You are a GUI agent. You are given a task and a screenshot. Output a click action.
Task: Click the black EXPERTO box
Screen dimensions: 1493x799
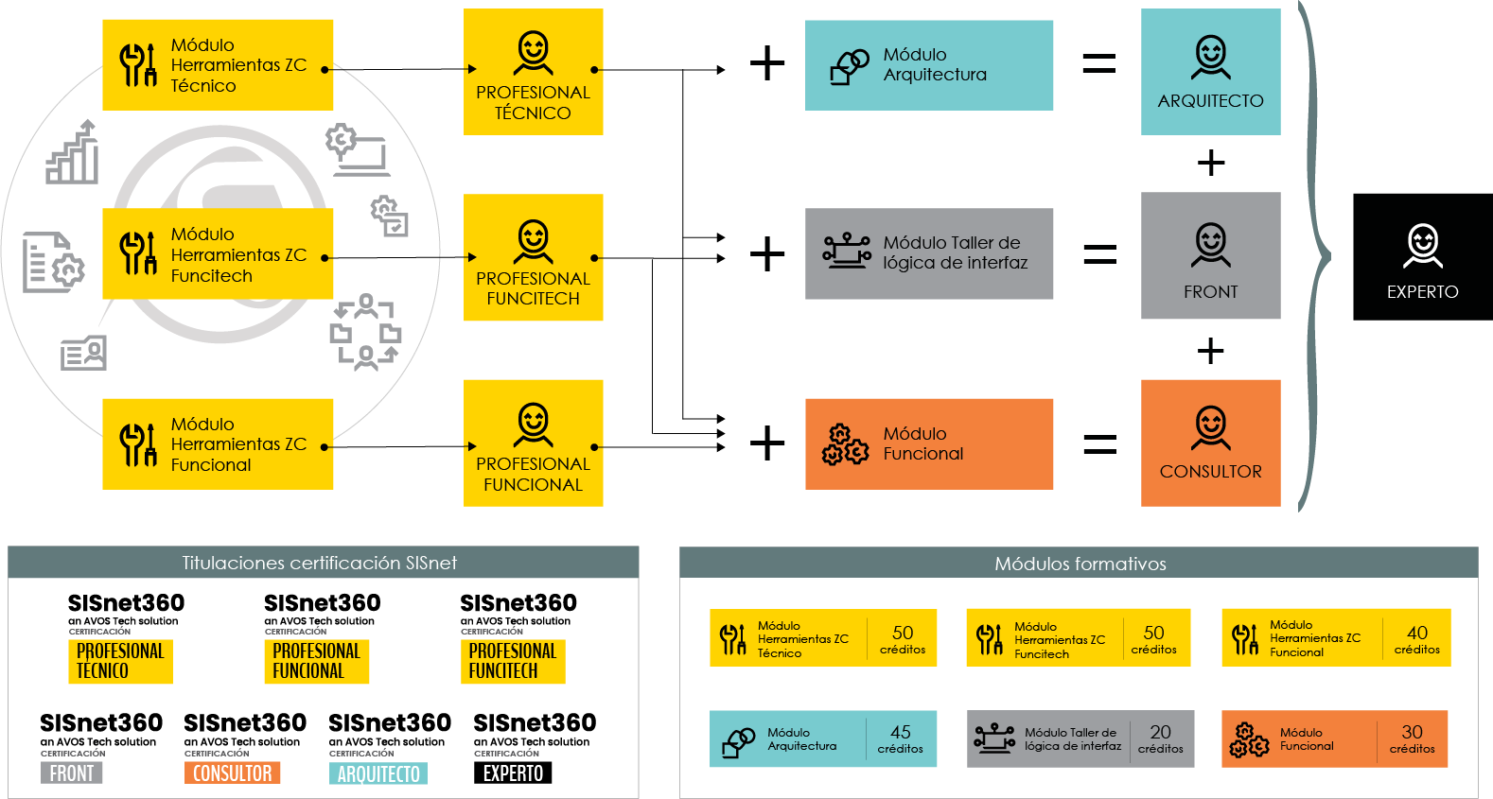click(x=1422, y=256)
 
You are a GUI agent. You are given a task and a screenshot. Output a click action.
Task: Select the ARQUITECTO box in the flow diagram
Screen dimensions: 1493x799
click(x=1210, y=72)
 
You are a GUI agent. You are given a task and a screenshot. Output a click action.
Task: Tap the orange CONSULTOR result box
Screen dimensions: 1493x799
click(x=1210, y=443)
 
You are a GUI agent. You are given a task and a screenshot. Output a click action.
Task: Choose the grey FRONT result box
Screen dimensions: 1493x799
click(x=1210, y=255)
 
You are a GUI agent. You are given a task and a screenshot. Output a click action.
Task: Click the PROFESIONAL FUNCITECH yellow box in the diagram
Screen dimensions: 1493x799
click(x=534, y=257)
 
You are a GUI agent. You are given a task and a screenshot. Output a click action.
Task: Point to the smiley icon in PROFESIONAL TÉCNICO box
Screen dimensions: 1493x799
click(x=534, y=53)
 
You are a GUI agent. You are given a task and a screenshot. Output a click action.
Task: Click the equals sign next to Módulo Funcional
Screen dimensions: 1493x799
click(x=1099, y=444)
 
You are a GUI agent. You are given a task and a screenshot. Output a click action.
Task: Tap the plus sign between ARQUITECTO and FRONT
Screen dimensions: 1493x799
click(x=1211, y=164)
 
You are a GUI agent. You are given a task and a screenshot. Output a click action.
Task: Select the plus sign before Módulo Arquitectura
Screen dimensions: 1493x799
click(x=767, y=64)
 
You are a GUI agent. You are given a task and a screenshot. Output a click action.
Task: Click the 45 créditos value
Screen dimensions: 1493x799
click(x=901, y=739)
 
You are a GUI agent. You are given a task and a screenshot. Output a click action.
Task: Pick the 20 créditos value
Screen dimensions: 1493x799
click(x=1160, y=739)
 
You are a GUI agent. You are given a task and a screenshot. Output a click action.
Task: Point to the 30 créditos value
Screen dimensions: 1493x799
click(x=1412, y=739)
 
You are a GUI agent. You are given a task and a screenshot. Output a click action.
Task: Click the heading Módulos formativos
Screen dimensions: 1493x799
click(x=1080, y=564)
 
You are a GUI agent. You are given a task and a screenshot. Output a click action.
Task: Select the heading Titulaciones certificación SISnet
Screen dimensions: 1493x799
click(x=320, y=564)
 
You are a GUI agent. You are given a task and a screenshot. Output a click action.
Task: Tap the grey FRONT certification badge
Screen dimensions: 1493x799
click(x=71, y=773)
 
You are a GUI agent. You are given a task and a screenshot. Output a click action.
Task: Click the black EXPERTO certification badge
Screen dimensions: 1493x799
click(x=513, y=773)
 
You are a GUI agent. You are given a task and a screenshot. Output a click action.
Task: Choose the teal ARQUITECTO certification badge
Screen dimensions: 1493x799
click(x=378, y=773)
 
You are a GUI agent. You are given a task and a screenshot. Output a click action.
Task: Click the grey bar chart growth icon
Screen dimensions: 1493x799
click(x=72, y=152)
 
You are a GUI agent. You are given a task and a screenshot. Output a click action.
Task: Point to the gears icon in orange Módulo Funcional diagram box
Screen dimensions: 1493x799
click(x=845, y=444)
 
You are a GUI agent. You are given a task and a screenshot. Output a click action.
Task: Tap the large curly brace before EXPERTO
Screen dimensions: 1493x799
click(x=1316, y=256)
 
